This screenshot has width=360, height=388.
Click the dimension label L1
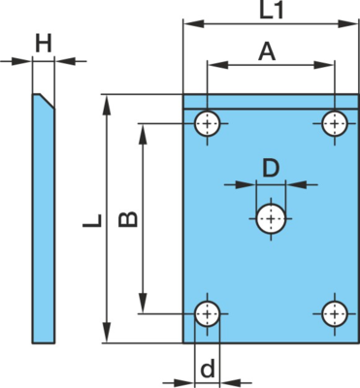click(272, 10)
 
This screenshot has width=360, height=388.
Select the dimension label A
click(267, 52)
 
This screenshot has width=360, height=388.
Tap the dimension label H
click(44, 44)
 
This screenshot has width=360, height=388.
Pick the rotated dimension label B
click(128, 219)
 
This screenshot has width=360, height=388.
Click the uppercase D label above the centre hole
click(271, 169)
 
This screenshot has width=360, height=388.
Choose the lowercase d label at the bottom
click(208, 369)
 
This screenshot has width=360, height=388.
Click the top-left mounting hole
click(207, 123)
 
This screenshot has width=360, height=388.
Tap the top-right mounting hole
click(335, 123)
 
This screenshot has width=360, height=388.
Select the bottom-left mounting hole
click(207, 313)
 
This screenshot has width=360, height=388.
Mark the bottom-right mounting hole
click(335, 313)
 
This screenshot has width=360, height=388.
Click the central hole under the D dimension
click(271, 219)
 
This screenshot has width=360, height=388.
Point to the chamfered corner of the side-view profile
click(48, 101)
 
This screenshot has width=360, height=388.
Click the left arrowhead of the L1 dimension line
click(194, 23)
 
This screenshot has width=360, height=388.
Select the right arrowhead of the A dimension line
click(324, 65)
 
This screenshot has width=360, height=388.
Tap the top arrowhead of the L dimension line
click(107, 105)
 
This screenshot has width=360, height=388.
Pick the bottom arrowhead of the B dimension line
click(143, 304)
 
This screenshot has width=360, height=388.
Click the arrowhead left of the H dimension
click(21, 61)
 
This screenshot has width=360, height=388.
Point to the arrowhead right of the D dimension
click(297, 185)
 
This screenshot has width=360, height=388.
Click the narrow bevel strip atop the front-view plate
click(271, 102)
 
